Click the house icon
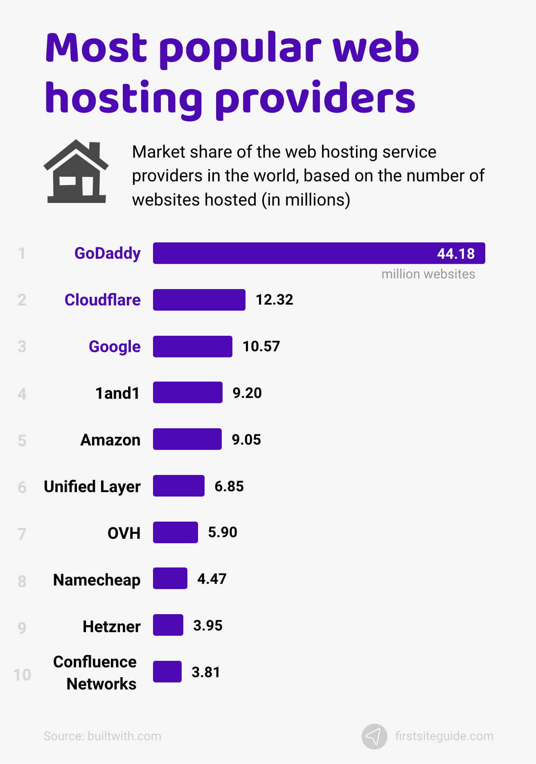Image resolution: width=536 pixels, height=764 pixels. tap(76, 172)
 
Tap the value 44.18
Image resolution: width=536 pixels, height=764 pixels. tap(456, 254)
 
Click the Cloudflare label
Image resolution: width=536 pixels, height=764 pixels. tap(103, 300)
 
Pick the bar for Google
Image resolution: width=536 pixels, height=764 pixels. tap(193, 346)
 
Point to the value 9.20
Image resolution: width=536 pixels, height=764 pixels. tap(247, 393)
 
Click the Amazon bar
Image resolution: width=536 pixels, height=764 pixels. tap(187, 439)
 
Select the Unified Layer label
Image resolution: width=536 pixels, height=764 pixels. tap(92, 486)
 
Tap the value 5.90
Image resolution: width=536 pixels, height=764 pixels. tap(223, 532)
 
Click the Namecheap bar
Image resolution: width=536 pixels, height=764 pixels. tap(170, 579)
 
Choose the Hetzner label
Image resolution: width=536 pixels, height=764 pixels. tap(112, 626)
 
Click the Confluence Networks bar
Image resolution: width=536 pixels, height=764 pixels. tap(167, 671)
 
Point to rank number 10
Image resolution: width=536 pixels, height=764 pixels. tap(22, 675)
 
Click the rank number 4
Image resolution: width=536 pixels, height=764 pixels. tap(22, 394)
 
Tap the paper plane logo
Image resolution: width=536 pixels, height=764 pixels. tap(374, 736)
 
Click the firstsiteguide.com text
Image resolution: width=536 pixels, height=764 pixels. tap(444, 736)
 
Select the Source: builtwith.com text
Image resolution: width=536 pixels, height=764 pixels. tap(102, 736)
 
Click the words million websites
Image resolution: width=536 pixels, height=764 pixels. tap(428, 274)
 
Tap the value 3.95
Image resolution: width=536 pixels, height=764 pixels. tap(208, 626)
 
